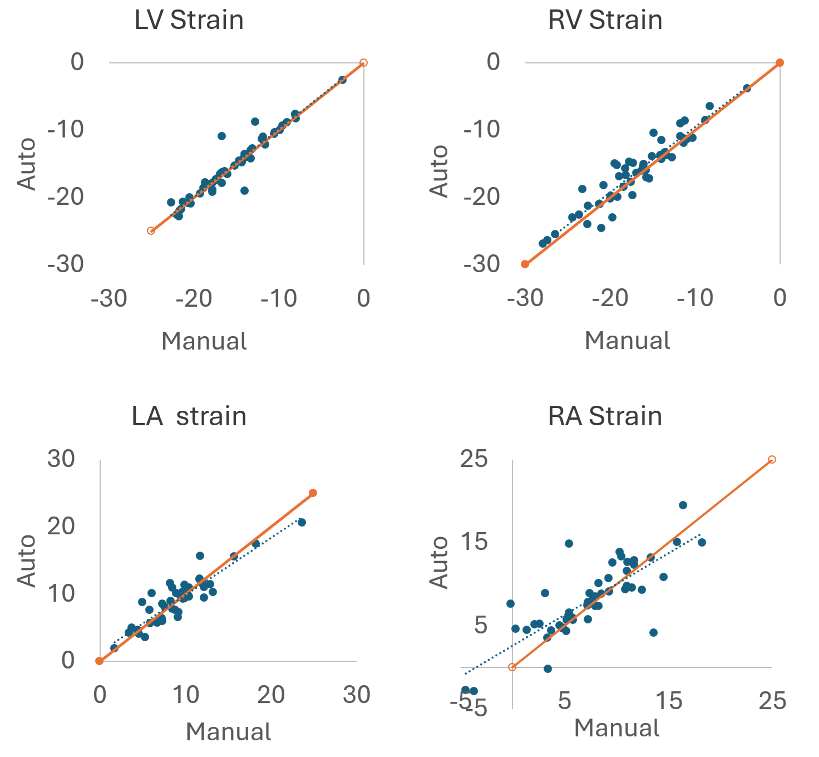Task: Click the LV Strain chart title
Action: tap(189, 21)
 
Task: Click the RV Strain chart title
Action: tap(605, 21)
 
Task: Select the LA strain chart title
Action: tap(189, 417)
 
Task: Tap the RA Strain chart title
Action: tap(605, 417)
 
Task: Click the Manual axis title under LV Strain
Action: tap(204, 341)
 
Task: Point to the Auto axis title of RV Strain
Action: tap(440, 171)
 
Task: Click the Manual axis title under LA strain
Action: tap(228, 732)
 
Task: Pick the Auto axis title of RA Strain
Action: tap(440, 562)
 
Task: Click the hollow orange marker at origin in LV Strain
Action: tap(363, 63)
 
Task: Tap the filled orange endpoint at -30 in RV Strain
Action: tap(525, 264)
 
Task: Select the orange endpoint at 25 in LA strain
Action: tap(313, 493)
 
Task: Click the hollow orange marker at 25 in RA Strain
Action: tap(772, 460)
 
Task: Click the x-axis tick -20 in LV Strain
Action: tap(194, 299)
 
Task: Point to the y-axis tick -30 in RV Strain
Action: tap(482, 264)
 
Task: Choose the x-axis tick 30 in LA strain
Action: tap(356, 695)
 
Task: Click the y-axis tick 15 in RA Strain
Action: tap(474, 542)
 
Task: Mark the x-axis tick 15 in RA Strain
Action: tap(668, 701)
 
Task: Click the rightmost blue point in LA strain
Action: tap(302, 522)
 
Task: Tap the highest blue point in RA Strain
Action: tap(683, 505)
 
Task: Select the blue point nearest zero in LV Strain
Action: tap(342, 80)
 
